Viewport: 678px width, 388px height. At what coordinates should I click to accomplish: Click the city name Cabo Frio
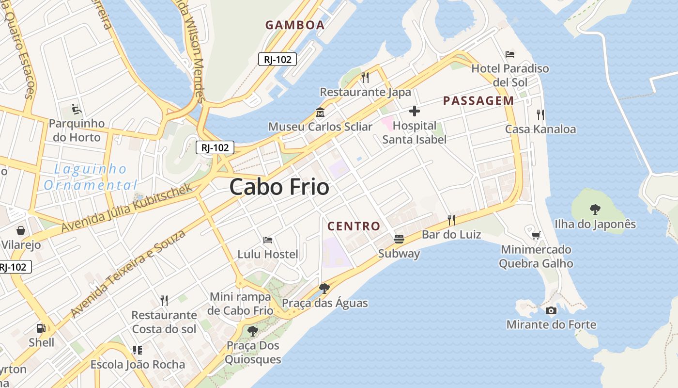(279, 187)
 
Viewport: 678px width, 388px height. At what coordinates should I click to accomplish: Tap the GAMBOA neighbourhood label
(294, 25)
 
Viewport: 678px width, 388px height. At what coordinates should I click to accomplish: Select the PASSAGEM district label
(478, 101)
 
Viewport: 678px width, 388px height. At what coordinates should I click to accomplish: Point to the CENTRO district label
(354, 226)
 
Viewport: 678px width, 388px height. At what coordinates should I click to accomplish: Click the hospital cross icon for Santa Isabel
(414, 112)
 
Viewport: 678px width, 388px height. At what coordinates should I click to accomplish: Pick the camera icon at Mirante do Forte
(551, 311)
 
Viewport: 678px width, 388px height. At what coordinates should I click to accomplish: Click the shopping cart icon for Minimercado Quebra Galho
(536, 236)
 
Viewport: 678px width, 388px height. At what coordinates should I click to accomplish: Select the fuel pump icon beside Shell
(41, 328)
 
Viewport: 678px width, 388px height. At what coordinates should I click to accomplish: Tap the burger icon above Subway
(399, 239)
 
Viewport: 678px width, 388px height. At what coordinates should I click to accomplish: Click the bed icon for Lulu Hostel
(267, 240)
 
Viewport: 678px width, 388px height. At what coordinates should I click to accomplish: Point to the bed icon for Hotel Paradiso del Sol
(510, 54)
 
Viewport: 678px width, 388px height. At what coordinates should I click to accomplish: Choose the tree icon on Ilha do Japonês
(595, 210)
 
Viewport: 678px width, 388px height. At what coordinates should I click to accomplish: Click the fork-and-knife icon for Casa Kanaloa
(540, 115)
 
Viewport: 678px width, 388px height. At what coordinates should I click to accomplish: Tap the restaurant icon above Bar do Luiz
(451, 220)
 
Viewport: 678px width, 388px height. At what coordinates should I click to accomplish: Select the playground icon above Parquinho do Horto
(76, 109)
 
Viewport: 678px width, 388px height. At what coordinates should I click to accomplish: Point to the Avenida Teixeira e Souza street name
(128, 274)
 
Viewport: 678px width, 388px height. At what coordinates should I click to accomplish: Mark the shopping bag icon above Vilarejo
(21, 230)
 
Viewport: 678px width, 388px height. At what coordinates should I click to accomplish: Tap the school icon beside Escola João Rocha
(138, 350)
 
